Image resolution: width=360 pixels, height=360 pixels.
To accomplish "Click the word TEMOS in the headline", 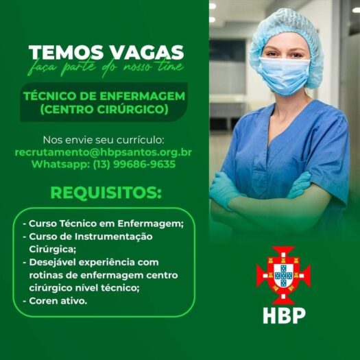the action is coord(66,52).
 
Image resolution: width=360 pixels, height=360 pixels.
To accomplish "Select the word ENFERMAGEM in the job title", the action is coord(142,96).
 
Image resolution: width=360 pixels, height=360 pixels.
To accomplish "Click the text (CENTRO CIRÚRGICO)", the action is coord(104,109).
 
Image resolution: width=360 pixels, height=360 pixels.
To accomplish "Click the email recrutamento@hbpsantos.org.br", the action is coord(104,153).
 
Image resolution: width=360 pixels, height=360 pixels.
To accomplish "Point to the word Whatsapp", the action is coord(60,165).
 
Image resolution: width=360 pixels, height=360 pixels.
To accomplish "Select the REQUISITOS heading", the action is coord(106,193).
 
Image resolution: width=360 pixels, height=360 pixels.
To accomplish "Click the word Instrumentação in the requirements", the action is coord(114,237).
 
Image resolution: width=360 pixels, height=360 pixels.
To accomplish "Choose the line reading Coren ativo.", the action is coord(56,301).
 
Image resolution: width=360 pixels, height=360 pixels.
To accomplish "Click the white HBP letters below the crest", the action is coord(284,315).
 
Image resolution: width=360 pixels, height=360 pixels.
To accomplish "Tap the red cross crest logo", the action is coord(284,275).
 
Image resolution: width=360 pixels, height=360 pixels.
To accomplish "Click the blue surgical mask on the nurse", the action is coord(284,75).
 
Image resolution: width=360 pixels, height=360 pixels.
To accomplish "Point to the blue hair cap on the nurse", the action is coord(287,37).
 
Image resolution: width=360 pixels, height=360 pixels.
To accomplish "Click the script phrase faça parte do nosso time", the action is coord(106,67).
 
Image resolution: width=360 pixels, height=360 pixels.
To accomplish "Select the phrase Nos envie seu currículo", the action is coord(104,140).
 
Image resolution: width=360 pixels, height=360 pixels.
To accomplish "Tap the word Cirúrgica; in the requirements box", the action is coord(52,250).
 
